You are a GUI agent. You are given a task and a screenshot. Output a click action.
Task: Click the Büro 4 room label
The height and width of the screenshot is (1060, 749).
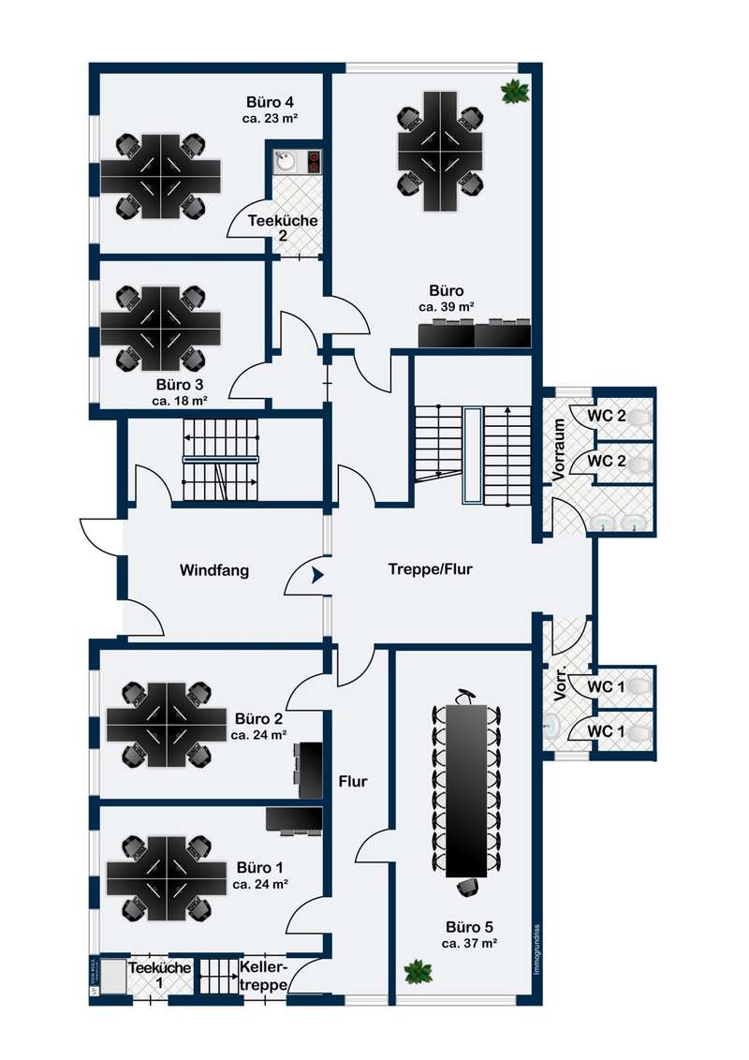[x=271, y=101]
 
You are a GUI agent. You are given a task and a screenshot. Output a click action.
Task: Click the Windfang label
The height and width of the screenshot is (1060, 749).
[x=214, y=569]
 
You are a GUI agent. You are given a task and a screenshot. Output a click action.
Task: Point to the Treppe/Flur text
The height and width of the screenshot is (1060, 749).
[x=431, y=568]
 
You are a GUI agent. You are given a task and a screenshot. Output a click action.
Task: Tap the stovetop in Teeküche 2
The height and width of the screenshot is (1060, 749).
[x=314, y=161]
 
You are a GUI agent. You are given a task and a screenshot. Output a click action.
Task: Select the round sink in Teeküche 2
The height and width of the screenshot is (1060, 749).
[x=286, y=161]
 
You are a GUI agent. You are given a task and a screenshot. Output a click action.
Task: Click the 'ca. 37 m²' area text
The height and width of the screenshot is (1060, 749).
[x=469, y=944]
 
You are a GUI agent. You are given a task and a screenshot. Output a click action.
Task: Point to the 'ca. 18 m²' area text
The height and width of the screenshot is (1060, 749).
[x=180, y=400]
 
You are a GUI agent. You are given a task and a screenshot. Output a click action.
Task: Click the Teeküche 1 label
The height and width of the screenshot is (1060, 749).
[x=161, y=975]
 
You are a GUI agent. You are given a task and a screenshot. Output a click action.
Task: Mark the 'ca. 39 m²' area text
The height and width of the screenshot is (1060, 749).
[x=446, y=306]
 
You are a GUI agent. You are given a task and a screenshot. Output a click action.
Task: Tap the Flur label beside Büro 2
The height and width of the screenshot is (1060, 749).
[x=353, y=781]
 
